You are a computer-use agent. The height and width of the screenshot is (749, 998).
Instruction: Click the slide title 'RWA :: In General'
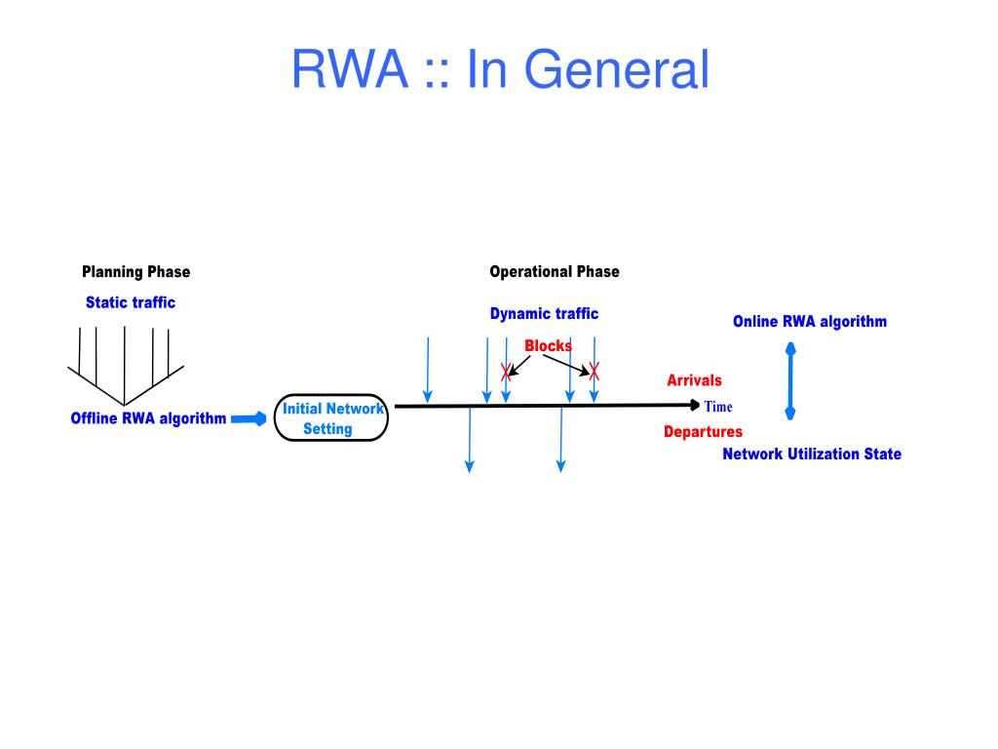(500, 69)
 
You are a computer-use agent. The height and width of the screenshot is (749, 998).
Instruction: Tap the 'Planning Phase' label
(136, 272)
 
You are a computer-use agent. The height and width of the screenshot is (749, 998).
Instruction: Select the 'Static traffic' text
(131, 302)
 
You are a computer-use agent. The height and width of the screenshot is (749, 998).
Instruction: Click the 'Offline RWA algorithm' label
(148, 418)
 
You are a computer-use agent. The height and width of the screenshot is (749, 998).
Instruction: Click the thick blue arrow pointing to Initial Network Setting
(249, 418)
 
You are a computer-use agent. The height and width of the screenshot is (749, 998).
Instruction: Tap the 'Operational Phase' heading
(555, 272)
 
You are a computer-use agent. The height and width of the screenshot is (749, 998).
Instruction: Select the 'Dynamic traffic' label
(544, 313)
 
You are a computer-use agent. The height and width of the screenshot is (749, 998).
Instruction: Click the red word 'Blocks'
(548, 346)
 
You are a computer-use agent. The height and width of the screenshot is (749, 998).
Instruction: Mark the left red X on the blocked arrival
(506, 372)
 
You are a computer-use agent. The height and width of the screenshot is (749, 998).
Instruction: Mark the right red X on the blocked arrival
(594, 371)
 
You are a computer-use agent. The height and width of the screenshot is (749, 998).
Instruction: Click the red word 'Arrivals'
(694, 380)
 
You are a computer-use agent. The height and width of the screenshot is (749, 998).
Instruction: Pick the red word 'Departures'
(704, 432)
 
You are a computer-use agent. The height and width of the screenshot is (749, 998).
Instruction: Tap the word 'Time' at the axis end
(718, 407)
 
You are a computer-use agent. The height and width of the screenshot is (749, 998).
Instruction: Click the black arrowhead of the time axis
(695, 405)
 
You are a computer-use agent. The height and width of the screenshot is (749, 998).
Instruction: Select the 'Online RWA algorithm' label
(810, 322)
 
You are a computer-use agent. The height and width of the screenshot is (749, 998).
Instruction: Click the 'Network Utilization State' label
(812, 454)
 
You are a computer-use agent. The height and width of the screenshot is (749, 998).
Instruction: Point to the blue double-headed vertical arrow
(790, 381)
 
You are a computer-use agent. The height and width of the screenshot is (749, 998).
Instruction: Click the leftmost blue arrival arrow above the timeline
(428, 370)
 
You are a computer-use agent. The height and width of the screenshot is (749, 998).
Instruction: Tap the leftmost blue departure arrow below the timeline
(470, 440)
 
